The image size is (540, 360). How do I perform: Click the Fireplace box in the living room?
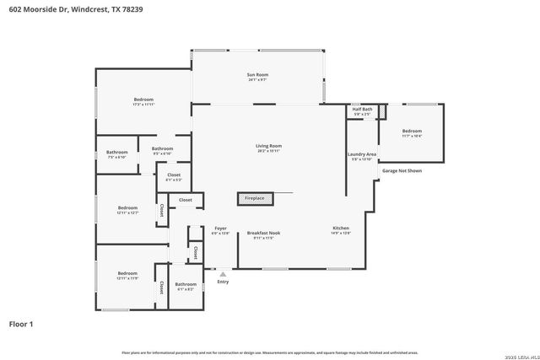(x=255, y=198)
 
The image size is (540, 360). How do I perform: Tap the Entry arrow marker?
(x=223, y=273)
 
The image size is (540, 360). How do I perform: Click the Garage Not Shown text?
(x=402, y=170)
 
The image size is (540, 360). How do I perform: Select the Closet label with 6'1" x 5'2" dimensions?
(x=174, y=176)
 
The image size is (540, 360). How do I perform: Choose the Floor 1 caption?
(x=22, y=323)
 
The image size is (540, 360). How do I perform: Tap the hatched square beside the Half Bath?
(x=381, y=111)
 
